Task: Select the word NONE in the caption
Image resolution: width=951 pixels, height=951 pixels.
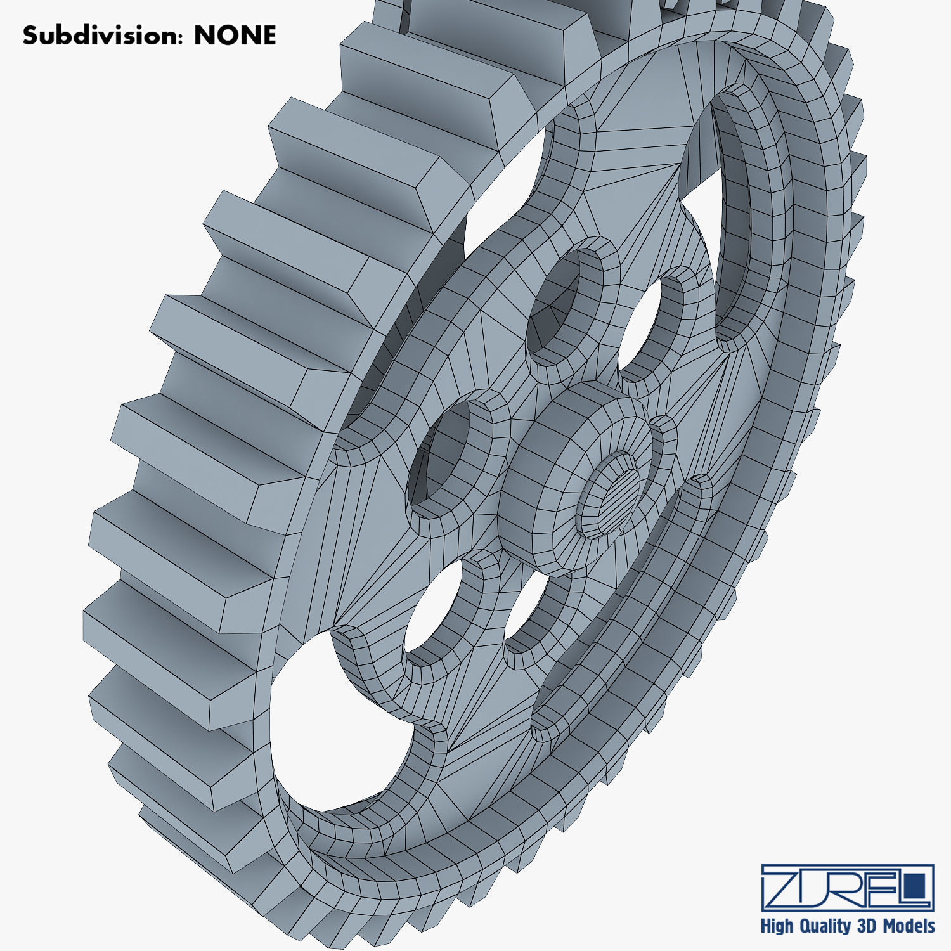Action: click(235, 36)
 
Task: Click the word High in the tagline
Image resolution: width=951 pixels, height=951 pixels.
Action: click(777, 926)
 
